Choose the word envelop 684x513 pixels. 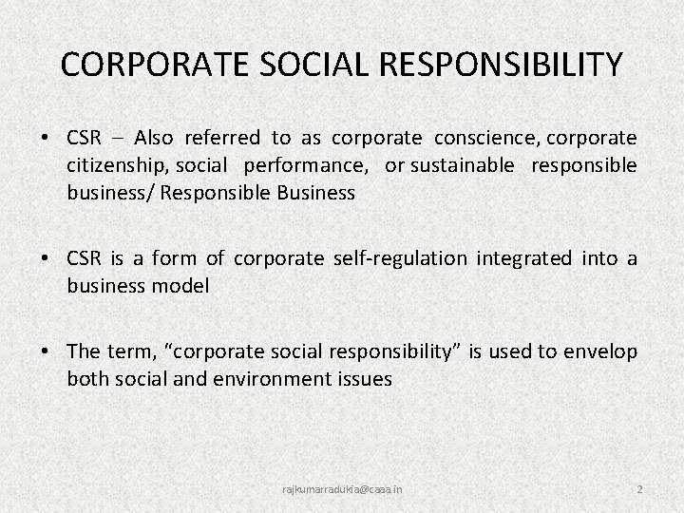click(x=600, y=351)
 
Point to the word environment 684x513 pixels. click(x=294, y=379)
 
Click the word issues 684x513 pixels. click(x=365, y=379)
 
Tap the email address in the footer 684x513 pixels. click(x=342, y=488)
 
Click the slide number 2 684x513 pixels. click(x=640, y=488)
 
